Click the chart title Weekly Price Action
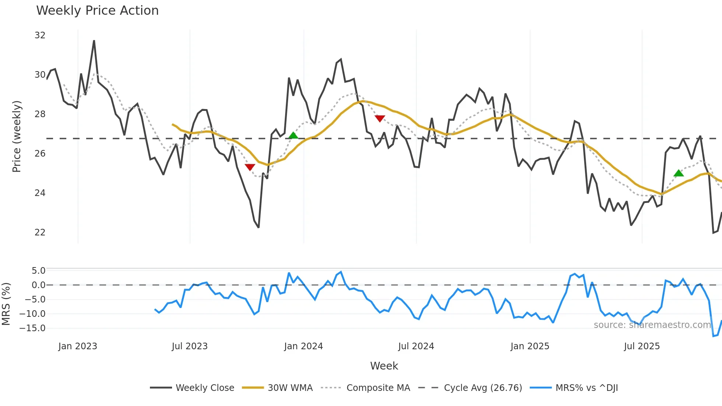[x=97, y=11]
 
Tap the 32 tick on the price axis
[x=40, y=35]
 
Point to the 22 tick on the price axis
[x=40, y=232]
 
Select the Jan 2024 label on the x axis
[x=303, y=346]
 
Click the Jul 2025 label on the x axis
[x=642, y=346]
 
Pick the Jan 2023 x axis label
[x=78, y=346]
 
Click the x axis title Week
[x=384, y=366]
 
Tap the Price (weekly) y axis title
[x=17, y=136]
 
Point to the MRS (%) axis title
[x=6, y=304]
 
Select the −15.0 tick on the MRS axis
[x=35, y=328]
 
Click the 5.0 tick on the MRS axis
[x=38, y=271]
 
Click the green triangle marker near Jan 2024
[x=293, y=136]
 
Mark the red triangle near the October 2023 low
[x=250, y=167]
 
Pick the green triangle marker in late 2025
[x=679, y=173]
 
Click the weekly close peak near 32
[x=94, y=41]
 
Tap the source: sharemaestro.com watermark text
[x=652, y=325]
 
